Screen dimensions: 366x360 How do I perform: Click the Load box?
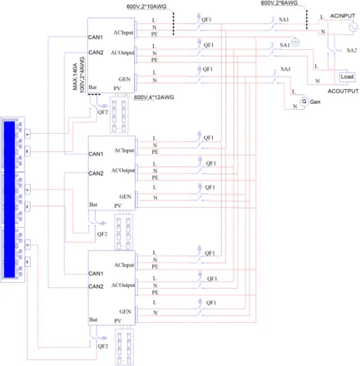tap(347, 77)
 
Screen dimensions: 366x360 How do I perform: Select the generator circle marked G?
tap(304, 101)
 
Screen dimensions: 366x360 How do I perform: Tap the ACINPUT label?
tap(345, 15)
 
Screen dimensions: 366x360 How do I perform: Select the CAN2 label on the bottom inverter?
tap(96, 286)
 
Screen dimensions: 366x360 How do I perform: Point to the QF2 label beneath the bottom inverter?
tap(102, 346)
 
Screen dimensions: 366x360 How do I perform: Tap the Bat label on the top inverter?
tap(94, 88)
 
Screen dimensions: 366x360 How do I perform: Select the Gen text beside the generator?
tap(316, 101)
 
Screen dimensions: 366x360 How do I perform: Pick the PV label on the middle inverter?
tap(118, 206)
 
